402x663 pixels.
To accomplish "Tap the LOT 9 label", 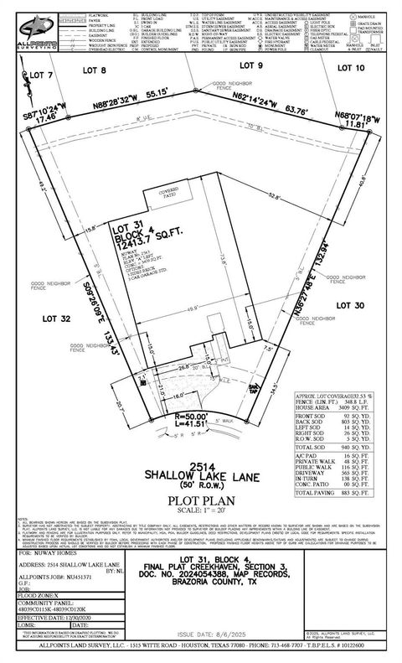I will tap(252, 65).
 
